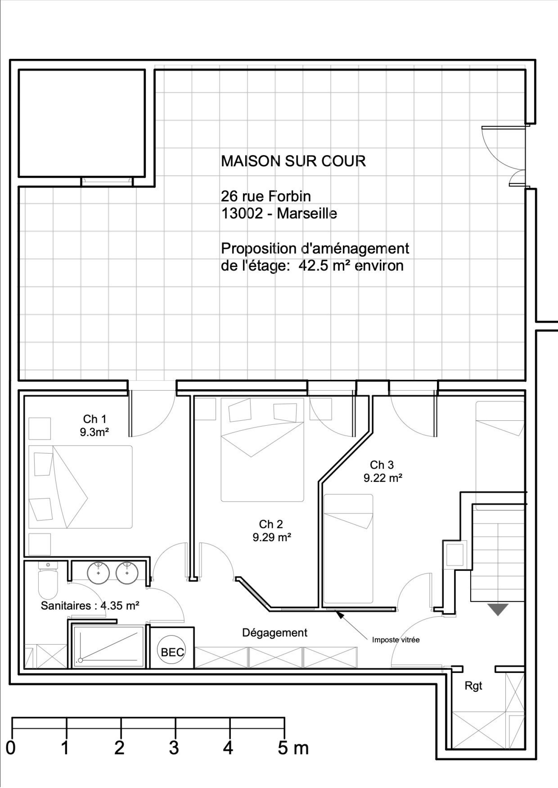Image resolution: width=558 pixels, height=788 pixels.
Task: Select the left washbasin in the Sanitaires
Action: [x=98, y=572]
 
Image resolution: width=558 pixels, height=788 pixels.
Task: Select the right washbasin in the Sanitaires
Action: [x=127, y=572]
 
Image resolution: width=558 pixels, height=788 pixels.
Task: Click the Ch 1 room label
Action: [x=95, y=419]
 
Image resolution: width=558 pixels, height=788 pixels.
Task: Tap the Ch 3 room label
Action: [x=382, y=465]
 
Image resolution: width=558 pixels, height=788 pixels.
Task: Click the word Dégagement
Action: [x=275, y=633]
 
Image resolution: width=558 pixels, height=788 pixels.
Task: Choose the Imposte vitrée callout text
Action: [x=396, y=640]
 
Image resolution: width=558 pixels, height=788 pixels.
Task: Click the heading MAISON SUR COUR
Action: [x=294, y=161]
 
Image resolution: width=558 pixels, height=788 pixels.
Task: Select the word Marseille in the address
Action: [x=307, y=213]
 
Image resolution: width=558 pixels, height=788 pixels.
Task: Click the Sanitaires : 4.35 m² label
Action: [x=90, y=606]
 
